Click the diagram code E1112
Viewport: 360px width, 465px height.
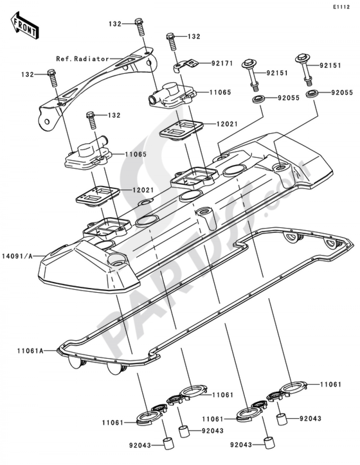341,7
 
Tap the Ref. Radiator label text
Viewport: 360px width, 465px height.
82,59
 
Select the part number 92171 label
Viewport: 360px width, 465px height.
222,63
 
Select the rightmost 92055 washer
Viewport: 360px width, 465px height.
312,94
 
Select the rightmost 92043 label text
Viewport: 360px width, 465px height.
310,419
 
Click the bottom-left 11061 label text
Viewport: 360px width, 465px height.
112,422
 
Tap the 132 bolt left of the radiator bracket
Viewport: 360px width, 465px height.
52,77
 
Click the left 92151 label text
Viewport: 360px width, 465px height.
277,73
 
